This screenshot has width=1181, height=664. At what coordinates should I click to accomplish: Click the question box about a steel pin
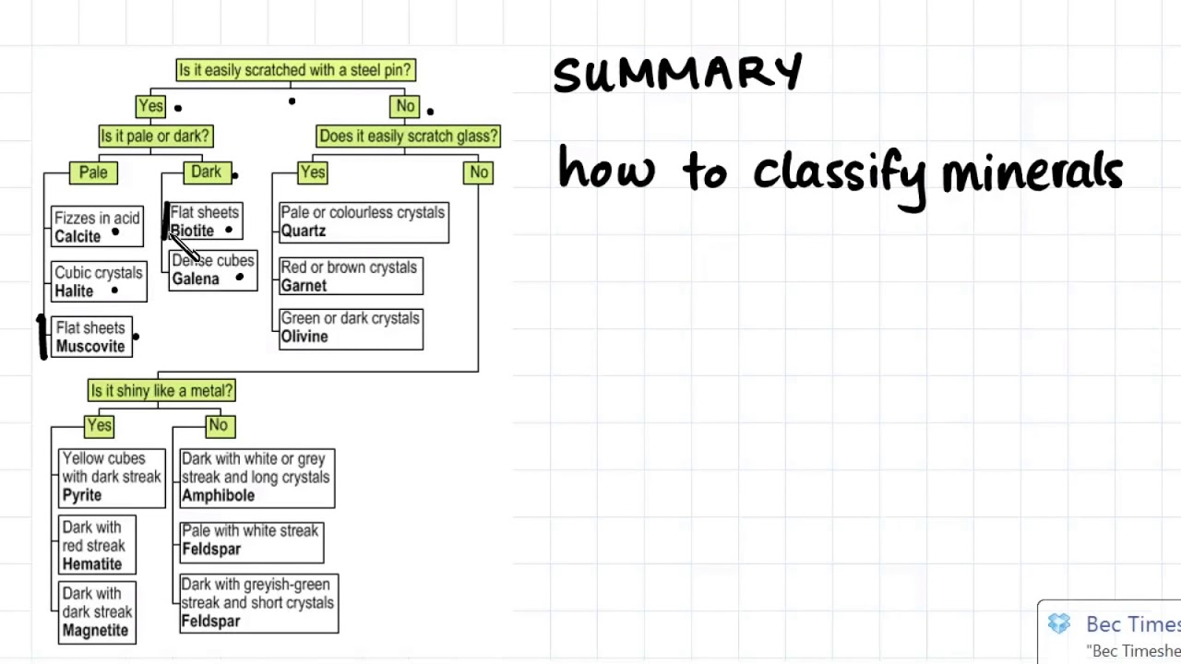(295, 70)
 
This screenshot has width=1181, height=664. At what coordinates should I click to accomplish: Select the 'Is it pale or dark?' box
(156, 136)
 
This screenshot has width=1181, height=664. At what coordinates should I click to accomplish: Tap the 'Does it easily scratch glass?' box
(408, 136)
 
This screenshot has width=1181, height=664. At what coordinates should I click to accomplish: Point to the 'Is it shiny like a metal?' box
(161, 391)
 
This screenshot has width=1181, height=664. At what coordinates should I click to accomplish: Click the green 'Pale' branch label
(93, 172)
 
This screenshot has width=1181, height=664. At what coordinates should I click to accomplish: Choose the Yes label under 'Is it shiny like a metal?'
(99, 426)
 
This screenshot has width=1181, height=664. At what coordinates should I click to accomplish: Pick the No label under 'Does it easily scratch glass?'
(478, 172)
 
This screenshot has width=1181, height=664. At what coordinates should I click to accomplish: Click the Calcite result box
(97, 227)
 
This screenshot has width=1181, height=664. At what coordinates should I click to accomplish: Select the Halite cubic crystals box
(99, 282)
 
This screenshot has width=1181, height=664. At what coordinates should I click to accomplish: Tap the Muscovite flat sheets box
(90, 338)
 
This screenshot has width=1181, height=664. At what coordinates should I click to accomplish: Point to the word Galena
(196, 279)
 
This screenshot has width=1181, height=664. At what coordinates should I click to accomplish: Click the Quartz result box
(364, 222)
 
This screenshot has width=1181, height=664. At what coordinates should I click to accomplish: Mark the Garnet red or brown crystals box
(351, 277)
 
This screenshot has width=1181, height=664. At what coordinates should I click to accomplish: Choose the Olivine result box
(351, 328)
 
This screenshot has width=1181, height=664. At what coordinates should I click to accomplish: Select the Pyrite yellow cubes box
(112, 478)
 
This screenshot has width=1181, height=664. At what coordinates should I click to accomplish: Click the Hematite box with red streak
(96, 546)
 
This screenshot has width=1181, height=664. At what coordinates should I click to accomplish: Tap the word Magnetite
(95, 631)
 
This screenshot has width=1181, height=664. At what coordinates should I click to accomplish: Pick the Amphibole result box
(256, 478)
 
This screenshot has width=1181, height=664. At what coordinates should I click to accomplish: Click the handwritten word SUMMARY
(677, 74)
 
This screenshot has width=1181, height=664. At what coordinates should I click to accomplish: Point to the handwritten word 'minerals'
(1032, 172)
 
